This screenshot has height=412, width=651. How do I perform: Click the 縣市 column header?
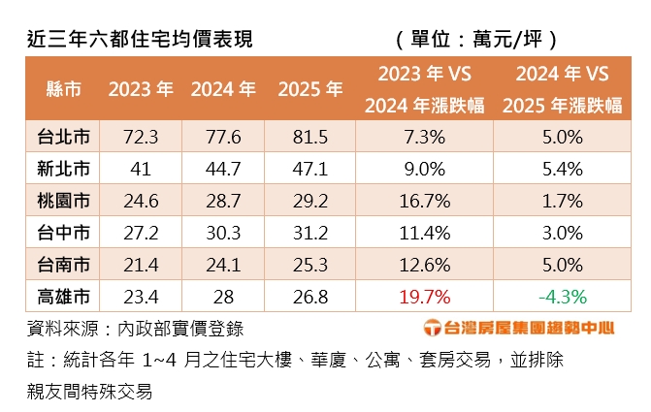[63, 89]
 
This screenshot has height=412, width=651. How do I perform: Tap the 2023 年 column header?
[141, 89]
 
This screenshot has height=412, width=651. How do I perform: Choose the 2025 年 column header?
[310, 89]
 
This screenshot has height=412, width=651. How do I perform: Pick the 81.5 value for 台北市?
[310, 135]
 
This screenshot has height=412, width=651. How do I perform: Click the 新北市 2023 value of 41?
[141, 168]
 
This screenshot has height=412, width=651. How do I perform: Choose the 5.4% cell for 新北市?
[563, 168]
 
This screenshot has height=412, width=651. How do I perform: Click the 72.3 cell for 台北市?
[141, 135]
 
